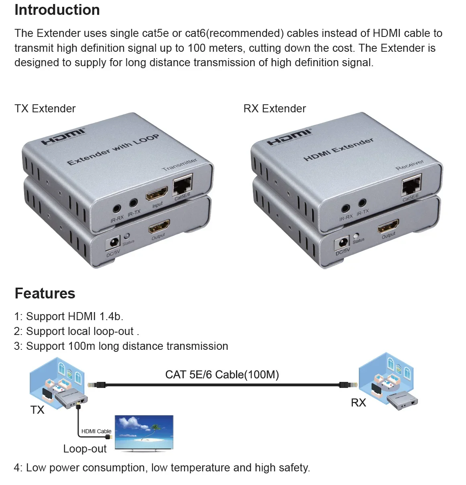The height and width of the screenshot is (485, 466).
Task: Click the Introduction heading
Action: tap(57, 10)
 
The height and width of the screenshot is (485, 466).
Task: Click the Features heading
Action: tap(45, 293)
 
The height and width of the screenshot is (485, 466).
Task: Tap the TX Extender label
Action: tap(45, 109)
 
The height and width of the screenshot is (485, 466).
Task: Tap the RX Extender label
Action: tap(275, 109)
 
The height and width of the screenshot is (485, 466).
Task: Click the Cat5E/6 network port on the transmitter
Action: tap(183, 184)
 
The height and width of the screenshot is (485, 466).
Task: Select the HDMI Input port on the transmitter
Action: tap(157, 194)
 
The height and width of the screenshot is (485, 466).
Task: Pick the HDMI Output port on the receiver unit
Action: tap(388, 226)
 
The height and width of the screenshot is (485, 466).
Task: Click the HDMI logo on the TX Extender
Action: tap(63, 137)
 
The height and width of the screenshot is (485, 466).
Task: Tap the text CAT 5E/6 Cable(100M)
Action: tap(222, 375)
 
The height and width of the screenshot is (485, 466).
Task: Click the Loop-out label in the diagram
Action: tap(85, 449)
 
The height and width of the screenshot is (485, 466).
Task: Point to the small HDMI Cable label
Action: tap(96, 431)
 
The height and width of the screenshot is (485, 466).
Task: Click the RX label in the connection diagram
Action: tap(358, 403)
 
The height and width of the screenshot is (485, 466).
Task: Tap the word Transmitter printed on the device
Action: tap(180, 164)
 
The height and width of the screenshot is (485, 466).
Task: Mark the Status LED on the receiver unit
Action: tap(356, 235)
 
